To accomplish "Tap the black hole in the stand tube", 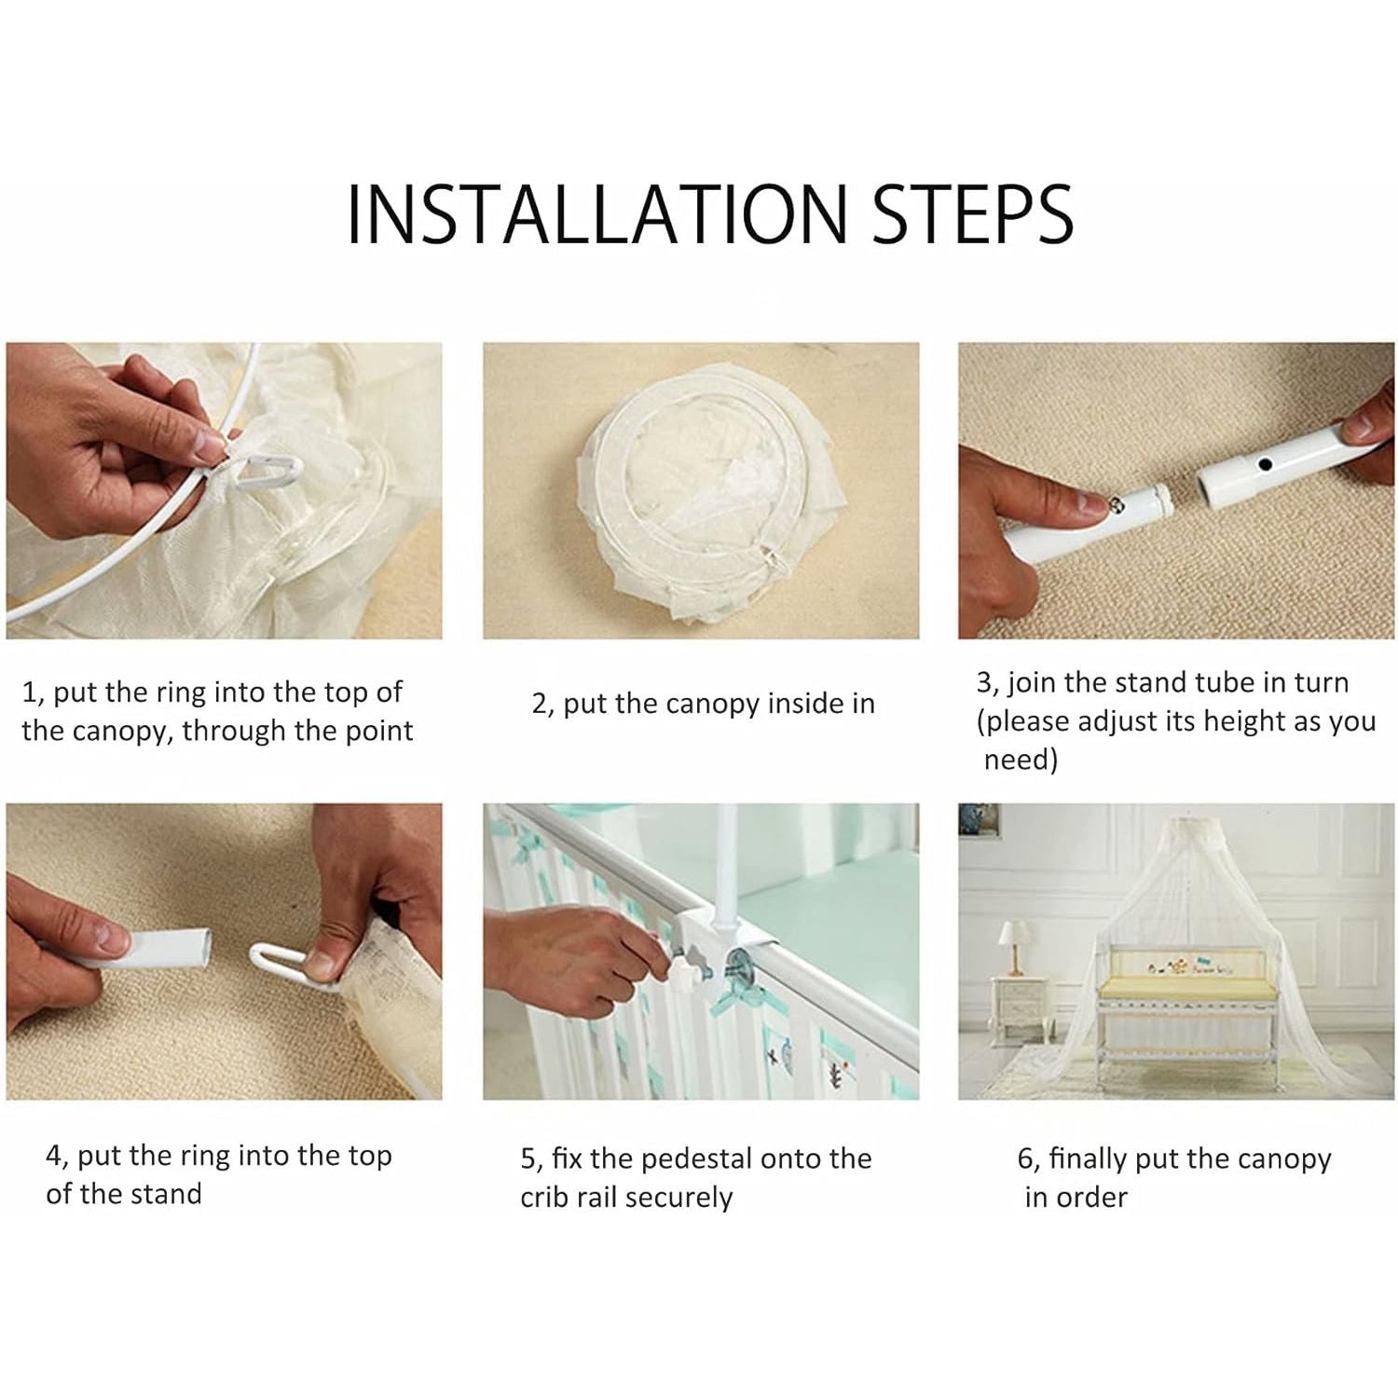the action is (x=1265, y=464).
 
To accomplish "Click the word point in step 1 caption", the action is (x=378, y=732).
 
